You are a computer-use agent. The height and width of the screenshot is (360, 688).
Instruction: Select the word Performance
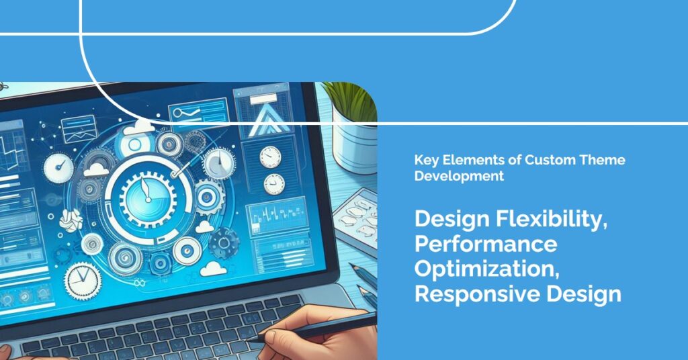pyautogui.click(x=486, y=243)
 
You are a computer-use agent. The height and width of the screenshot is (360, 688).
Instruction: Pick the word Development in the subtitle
pyautogui.click(x=459, y=177)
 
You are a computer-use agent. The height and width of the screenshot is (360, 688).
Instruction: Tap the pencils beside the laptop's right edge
pyautogui.click(x=367, y=282)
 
